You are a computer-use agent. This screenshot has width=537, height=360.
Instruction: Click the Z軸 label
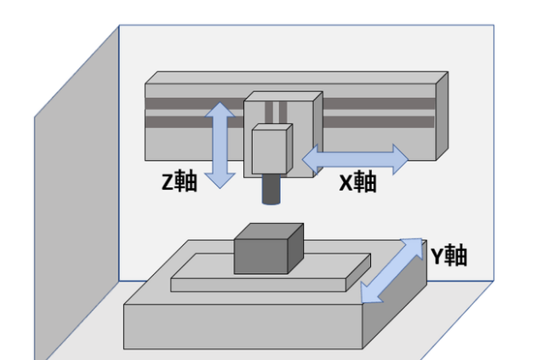pyautogui.click(x=180, y=181)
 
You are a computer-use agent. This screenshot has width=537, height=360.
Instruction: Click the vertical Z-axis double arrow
pyautogui.click(x=221, y=145)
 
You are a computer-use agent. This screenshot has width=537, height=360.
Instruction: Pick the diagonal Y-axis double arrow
pyautogui.click(x=391, y=271)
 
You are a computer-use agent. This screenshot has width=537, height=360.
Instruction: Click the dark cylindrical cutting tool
pyautogui.click(x=271, y=191)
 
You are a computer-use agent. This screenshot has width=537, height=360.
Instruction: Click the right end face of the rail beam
pyautogui.click(x=441, y=116)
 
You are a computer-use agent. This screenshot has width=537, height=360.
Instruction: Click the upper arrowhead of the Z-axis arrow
pyautogui.click(x=221, y=111)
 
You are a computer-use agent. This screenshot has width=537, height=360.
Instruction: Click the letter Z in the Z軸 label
pyautogui.click(x=167, y=181)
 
